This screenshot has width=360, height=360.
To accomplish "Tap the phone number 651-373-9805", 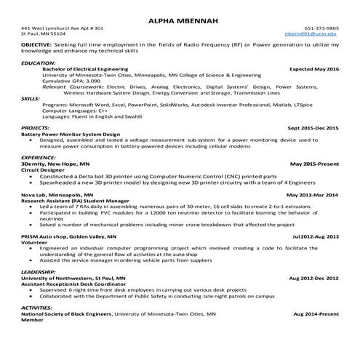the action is pos(321,28).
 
